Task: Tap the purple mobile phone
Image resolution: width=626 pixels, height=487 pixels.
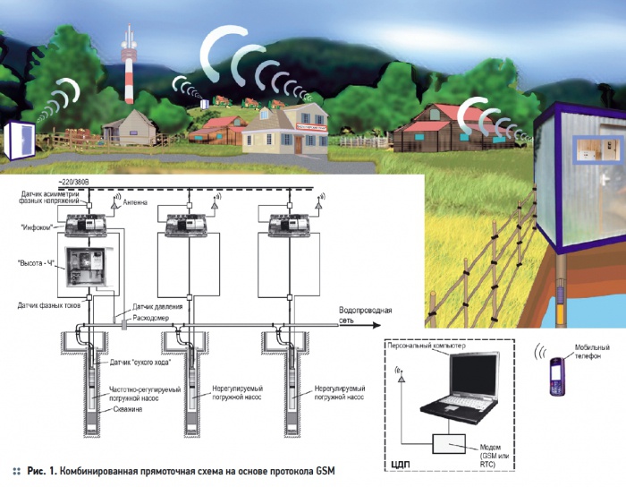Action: coord(554,375)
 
